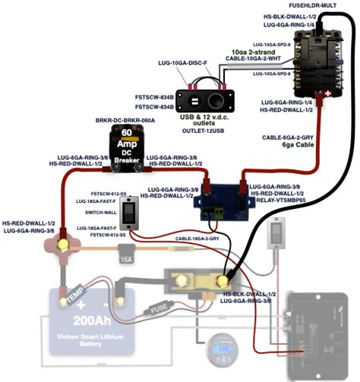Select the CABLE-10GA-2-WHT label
pyautogui.click(x=254, y=58)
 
